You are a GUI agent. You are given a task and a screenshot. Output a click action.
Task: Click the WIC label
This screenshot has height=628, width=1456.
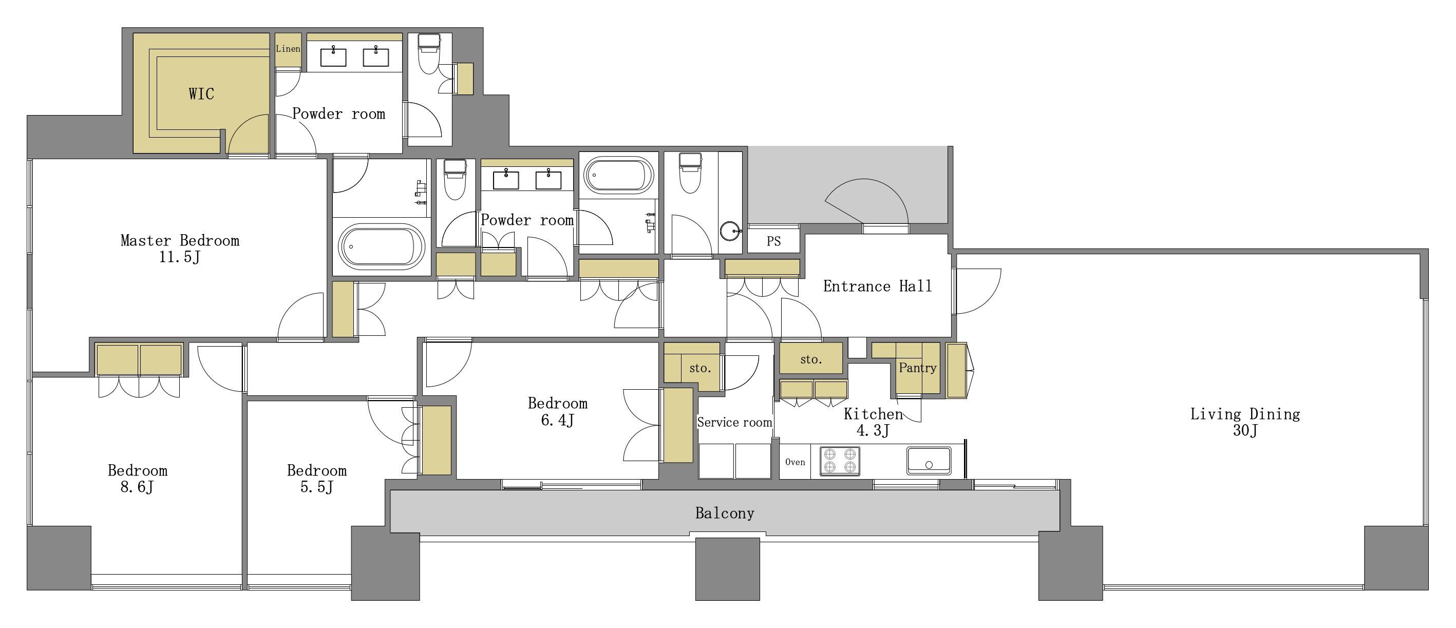pos(201,93)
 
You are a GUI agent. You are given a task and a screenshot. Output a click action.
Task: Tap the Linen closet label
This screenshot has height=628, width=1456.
pos(288,49)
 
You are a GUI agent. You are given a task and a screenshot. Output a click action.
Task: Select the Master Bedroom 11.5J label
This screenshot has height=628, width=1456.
pos(180,249)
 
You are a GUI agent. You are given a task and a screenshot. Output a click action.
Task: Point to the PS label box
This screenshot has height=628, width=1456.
pos(774,241)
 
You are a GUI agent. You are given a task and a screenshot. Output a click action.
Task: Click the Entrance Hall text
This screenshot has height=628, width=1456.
pos(877,286)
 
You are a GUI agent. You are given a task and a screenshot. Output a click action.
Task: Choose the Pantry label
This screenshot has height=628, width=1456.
pos(917,368)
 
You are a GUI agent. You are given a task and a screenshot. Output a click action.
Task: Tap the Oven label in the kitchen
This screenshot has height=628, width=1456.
pos(795,462)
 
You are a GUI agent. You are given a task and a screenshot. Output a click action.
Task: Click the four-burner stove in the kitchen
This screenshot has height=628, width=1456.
pos(839,460)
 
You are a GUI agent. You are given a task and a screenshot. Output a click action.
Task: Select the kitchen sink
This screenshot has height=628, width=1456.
pos(929,461)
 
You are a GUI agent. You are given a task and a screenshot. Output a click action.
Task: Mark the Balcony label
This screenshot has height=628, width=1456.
pos(725,513)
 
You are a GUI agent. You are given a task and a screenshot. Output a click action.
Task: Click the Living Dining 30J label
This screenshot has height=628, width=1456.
pos(1245,422)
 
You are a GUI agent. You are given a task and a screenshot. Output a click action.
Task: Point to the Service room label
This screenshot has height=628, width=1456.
pos(734,422)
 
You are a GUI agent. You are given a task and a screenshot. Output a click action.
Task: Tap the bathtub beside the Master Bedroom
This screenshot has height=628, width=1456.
pos(381,246)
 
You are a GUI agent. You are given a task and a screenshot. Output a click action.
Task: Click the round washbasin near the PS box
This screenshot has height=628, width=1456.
pos(730,231)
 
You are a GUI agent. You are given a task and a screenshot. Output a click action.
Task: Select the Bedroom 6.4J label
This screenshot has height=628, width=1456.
pos(557,411)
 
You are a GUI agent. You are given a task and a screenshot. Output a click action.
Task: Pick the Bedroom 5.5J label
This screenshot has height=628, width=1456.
pos(316,479)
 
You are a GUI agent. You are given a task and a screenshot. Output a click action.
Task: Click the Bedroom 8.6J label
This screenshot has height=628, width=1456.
pos(137,479)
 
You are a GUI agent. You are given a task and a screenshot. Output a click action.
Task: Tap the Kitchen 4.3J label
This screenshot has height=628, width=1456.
pos(873,422)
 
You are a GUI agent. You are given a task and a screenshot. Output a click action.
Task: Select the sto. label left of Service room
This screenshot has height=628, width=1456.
pos(699,368)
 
